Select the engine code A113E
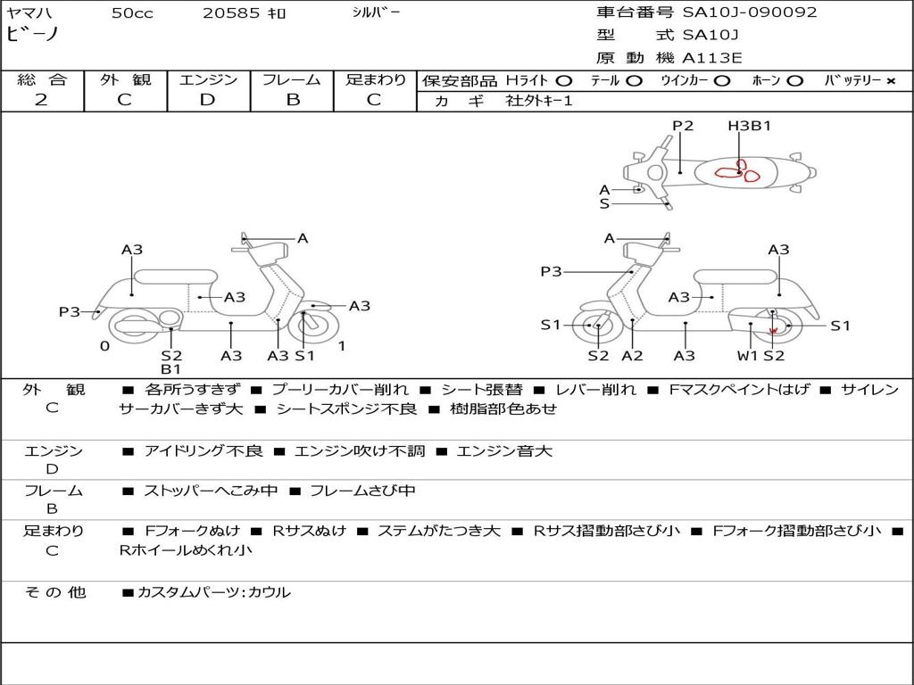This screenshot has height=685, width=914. [711, 58]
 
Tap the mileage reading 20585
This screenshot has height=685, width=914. [231, 13]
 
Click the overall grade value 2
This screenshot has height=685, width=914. [41, 99]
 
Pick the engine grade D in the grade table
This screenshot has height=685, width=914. [208, 99]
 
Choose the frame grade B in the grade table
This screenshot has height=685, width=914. [292, 99]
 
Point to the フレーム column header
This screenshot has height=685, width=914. [292, 79]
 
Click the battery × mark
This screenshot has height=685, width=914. [890, 81]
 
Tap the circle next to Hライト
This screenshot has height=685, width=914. [563, 81]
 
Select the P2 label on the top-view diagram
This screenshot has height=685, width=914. [683, 126]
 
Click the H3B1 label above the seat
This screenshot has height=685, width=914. [749, 126]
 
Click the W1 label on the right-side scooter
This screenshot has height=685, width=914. [747, 356]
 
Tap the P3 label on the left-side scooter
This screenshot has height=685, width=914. [70, 312]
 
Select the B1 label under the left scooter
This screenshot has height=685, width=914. [171, 369]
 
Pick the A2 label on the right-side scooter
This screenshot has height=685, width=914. [632, 356]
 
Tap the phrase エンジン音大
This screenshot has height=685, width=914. [504, 451]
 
